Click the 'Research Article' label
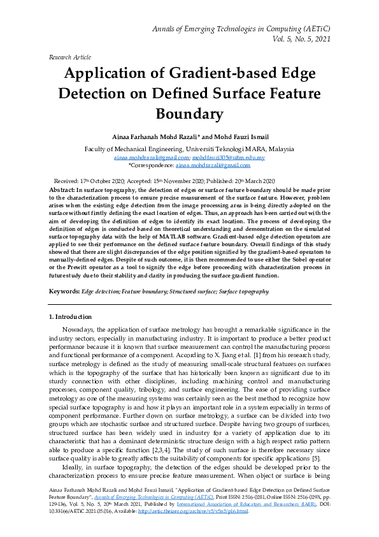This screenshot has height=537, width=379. tap(69, 57)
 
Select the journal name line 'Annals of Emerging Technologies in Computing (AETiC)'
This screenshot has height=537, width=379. tap(241, 29)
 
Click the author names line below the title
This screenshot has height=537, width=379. tap(189, 136)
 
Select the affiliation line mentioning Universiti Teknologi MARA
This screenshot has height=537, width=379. tap(189, 149)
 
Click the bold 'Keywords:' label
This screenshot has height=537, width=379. tap(64, 291)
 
